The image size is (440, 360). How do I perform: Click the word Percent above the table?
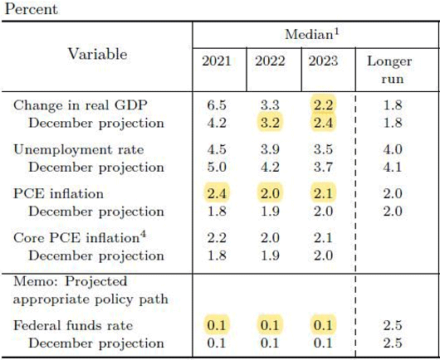click(32, 9)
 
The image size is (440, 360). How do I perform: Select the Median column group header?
click(312, 34)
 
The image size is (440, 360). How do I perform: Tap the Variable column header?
click(97, 54)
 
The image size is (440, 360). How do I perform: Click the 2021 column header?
click(217, 61)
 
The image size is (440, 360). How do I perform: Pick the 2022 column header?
click(270, 61)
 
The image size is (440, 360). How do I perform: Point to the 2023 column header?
click(323, 61)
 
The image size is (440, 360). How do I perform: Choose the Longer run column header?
click(389, 70)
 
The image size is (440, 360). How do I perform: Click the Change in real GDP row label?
click(81, 105)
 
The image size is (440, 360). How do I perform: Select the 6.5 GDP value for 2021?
click(217, 105)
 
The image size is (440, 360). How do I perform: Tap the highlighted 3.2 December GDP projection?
click(270, 123)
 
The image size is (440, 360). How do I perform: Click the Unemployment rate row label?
click(79, 149)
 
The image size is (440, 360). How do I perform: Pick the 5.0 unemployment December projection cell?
click(217, 168)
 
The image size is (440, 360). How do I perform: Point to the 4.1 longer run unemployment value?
click(393, 168)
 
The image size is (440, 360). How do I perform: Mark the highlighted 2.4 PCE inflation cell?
click(217, 193)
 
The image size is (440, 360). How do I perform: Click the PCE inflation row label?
click(58, 194)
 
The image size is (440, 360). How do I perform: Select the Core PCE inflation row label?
click(76, 238)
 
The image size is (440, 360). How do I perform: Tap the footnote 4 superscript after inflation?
click(143, 234)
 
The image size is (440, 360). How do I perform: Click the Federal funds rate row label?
click(73, 326)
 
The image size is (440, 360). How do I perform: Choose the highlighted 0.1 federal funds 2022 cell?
click(270, 325)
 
